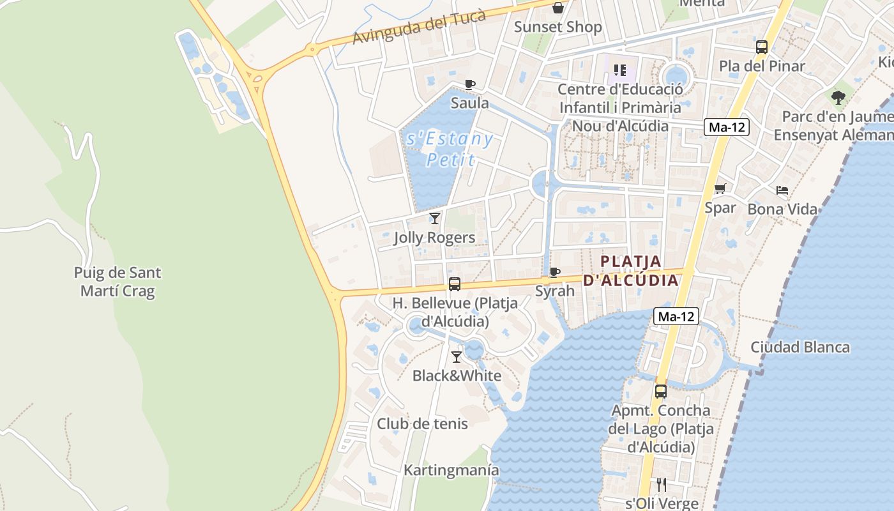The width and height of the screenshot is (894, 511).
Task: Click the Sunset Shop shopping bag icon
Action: pos(558,8)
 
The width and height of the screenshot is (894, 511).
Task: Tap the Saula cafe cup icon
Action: pos(470,84)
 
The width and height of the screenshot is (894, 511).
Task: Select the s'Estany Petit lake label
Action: pos(450,149)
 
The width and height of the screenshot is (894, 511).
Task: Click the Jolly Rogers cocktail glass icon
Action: pos(435,218)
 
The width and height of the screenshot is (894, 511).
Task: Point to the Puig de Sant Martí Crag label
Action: pos(117,282)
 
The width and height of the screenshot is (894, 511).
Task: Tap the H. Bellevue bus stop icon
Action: pos(455,284)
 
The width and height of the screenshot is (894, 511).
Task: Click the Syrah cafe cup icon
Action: pos(555,273)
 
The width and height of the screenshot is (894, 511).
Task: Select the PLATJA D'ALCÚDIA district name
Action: pos(631,270)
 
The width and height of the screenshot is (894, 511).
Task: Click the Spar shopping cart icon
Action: pos(720,188)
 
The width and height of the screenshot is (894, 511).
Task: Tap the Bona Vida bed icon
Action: pos(782,190)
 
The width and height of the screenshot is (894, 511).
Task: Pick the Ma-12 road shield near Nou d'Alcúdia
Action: pos(727,126)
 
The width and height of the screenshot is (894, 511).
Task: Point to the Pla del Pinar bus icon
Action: pos(762,47)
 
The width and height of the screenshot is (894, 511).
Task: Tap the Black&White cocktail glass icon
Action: pos(457,357)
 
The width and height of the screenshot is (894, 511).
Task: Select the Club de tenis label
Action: pos(422,423)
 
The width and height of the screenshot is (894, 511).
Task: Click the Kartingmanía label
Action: pos(451,470)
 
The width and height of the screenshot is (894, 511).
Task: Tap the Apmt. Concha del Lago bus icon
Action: pos(661,391)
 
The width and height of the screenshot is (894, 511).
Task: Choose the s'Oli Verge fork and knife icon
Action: pos(662,485)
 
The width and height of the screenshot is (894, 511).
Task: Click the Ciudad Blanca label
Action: pos(800,347)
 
